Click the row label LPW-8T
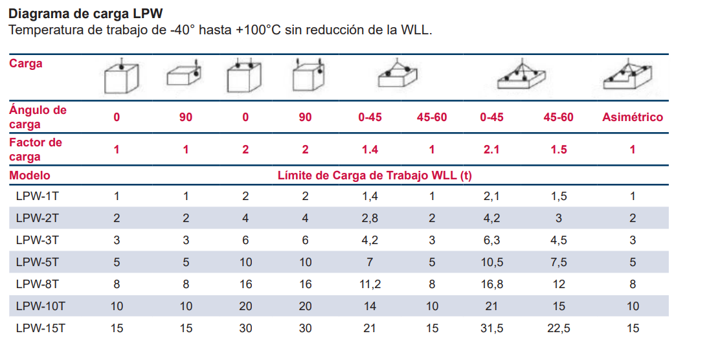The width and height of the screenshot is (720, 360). [x=38, y=284]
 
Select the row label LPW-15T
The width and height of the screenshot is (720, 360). [x=40, y=328]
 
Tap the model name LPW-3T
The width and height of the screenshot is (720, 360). [x=38, y=240]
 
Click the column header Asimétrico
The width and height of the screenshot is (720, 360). [x=633, y=117]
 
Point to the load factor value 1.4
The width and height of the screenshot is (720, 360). [x=370, y=150]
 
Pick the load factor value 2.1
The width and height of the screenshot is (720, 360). [x=491, y=150]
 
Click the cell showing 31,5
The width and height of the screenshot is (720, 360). [x=491, y=328]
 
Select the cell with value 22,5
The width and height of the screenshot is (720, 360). [x=558, y=328]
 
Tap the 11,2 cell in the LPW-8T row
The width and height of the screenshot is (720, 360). [x=370, y=284]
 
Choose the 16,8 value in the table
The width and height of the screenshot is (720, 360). [x=491, y=284]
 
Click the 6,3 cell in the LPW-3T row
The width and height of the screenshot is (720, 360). [x=491, y=240]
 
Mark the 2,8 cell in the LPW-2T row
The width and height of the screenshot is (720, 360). [x=370, y=218]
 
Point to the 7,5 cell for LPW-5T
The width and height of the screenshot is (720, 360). [x=558, y=262]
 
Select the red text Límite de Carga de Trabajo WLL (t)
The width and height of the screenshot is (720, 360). [x=374, y=175]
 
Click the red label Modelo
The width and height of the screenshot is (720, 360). [x=30, y=175]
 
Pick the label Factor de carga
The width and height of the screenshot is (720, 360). [x=36, y=150]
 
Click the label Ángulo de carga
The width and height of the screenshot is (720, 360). [x=38, y=117]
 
